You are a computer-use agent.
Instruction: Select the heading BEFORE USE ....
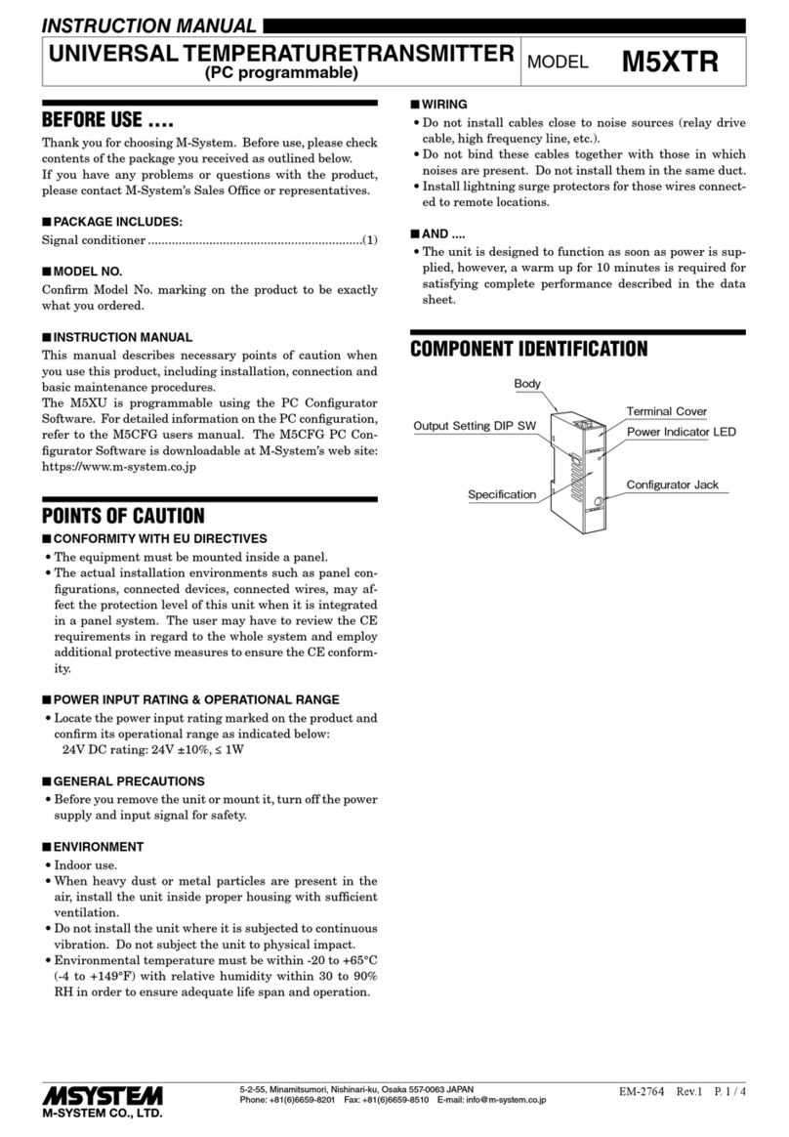[107, 123]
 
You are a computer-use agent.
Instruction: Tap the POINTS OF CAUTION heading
[123, 516]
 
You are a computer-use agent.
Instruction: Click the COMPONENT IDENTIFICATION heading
[528, 349]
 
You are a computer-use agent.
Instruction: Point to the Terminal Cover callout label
[666, 411]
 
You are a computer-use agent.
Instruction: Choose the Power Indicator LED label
[681, 432]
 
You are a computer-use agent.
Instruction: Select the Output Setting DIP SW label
[475, 426]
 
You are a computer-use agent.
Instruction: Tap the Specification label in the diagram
[502, 494]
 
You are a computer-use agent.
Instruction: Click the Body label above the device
[527, 384]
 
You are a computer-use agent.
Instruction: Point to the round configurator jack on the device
[596, 504]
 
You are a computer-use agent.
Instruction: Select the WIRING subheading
[443, 104]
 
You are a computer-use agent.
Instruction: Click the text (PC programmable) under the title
[280, 73]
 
